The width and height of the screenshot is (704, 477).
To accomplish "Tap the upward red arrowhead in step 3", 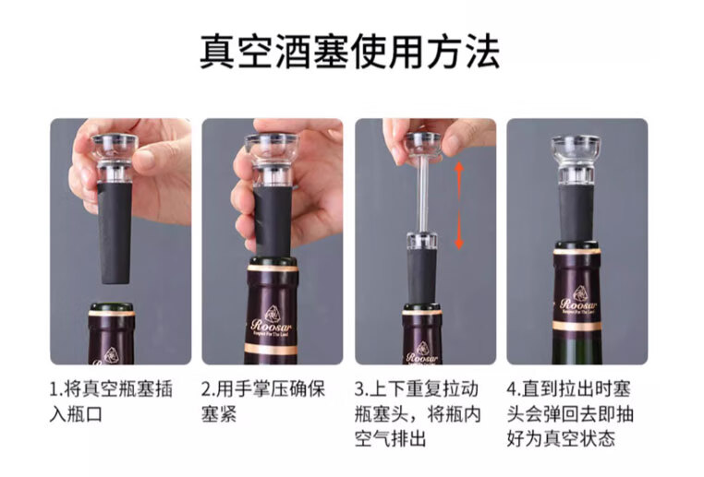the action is pyautogui.click(x=459, y=168).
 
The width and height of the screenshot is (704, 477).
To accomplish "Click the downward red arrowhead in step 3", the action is pyautogui.click(x=459, y=243).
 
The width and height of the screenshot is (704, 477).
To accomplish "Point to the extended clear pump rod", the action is pyautogui.click(x=421, y=194).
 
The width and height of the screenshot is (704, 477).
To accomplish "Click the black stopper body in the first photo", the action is pyautogui.click(x=115, y=233).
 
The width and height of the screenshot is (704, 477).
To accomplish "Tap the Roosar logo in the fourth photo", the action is pyautogui.click(x=578, y=301).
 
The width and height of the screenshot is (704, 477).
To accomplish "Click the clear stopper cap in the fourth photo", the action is pyautogui.click(x=576, y=159).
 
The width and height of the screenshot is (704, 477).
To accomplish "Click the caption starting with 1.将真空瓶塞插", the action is pyautogui.click(x=111, y=388).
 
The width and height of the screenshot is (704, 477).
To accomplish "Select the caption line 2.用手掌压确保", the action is pyautogui.click(x=263, y=388).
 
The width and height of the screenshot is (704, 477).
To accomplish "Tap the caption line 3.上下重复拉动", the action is pyautogui.click(x=417, y=388).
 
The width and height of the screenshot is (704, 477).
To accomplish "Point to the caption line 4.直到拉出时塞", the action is pyautogui.click(x=569, y=388).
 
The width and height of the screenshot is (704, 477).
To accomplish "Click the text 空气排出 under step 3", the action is pyautogui.click(x=390, y=438).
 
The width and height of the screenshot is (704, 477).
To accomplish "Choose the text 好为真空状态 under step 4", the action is pyautogui.click(x=561, y=438).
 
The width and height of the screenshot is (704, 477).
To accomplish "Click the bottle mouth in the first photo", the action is pyautogui.click(x=112, y=308).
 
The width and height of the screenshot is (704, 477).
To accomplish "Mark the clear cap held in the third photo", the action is pyautogui.click(x=422, y=145).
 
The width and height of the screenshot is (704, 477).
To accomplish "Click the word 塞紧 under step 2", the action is pyautogui.click(x=219, y=413).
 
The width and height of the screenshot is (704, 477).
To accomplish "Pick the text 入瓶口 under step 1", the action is pyautogui.click(x=76, y=413).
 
